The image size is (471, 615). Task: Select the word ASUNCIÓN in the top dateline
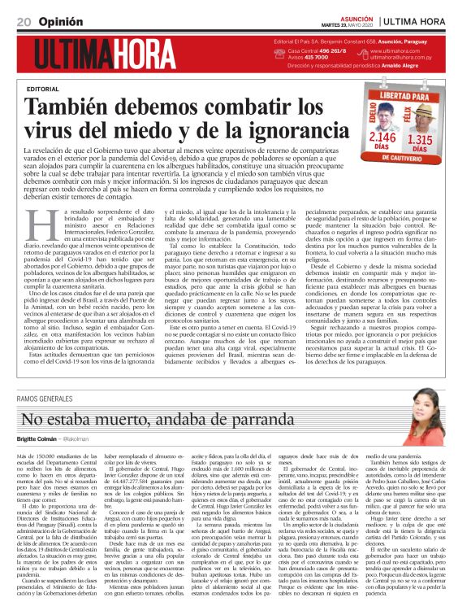point(356,16)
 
